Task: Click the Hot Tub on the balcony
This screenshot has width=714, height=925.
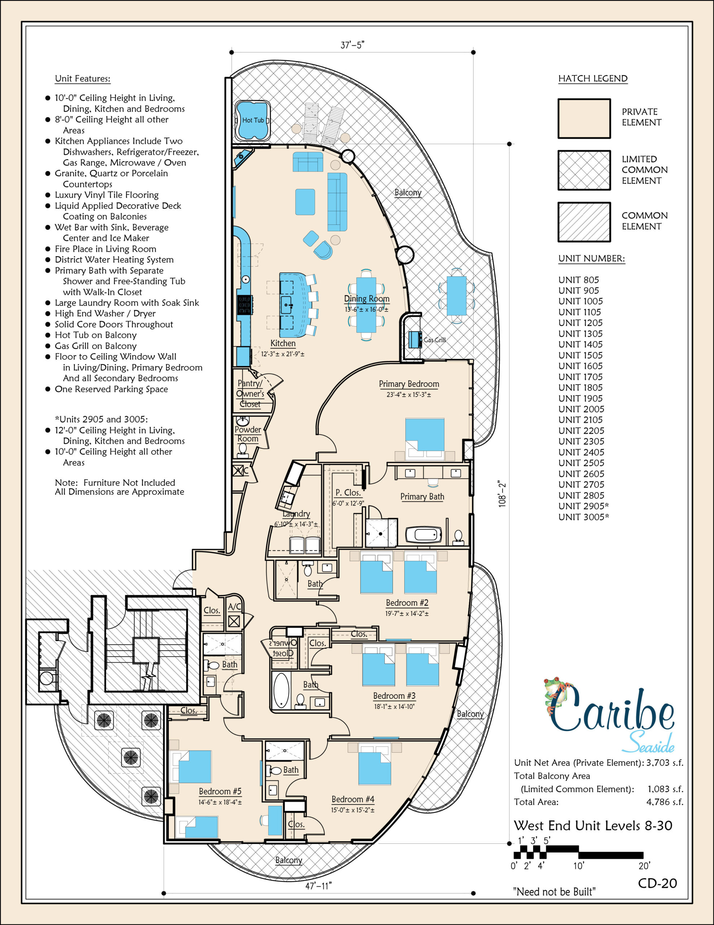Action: point(253,120)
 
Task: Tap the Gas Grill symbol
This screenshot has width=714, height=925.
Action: point(415,339)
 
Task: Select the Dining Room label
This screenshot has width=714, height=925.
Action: point(366,298)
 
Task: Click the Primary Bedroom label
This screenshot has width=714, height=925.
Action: point(409,384)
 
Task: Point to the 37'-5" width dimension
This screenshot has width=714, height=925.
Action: point(352,45)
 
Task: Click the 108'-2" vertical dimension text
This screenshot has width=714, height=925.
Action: point(502,494)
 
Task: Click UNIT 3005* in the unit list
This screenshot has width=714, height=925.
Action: point(583,517)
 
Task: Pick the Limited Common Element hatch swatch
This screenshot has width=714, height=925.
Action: point(584,170)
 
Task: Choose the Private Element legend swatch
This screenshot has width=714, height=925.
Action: point(584,119)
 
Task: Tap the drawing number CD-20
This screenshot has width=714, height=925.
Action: point(657,883)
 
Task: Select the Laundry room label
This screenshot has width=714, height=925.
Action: point(296,514)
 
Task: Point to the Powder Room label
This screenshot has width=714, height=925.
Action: point(248,434)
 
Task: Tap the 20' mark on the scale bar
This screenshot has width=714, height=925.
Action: point(644,866)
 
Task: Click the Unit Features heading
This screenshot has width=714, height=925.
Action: point(83,78)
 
